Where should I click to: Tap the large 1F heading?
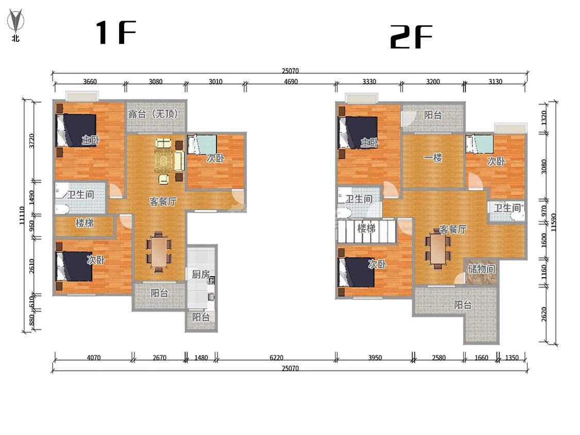coord(116,32)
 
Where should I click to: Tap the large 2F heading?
coord(411,37)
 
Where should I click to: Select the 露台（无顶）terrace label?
coord(153,113)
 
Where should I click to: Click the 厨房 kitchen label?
coord(201,275)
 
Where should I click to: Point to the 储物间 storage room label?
coord(481,268)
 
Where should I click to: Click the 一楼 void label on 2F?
coord(433,158)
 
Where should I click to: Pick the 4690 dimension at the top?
coord(291,81)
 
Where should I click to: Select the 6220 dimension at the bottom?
coord(276,358)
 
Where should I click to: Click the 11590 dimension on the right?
coord(553,222)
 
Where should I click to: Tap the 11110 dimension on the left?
coord(22,215)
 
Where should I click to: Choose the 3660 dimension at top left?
coord(90,81)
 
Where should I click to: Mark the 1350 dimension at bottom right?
coord(512,358)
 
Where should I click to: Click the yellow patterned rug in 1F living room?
coord(164,160)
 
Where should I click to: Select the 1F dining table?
coord(159,252)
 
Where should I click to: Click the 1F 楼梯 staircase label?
coord(85,223)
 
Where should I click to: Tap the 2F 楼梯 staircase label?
coord(366,228)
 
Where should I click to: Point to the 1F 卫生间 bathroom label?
coord(80,194)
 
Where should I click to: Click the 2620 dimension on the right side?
coord(544,314)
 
